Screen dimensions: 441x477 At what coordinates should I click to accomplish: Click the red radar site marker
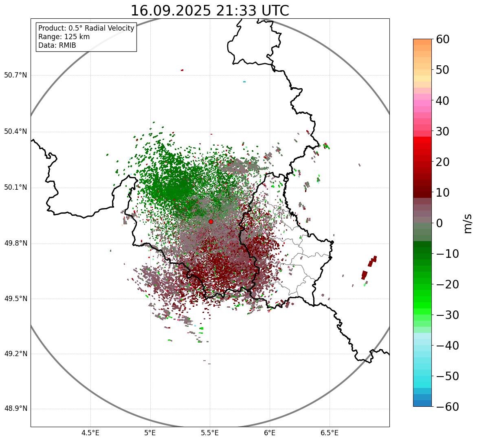pos(211,222)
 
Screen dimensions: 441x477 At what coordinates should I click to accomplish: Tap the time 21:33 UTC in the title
pos(251,11)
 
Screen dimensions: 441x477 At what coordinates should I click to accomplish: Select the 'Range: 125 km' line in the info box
pos(64,37)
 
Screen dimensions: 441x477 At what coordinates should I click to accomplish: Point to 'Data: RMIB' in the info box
pos(57,45)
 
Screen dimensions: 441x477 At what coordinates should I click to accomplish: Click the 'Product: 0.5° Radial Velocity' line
pos(86,28)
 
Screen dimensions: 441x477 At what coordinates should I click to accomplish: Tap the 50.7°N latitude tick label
pos(15,75)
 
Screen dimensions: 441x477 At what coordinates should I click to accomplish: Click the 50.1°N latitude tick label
pos(15,188)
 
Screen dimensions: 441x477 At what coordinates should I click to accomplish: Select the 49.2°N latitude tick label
pos(15,354)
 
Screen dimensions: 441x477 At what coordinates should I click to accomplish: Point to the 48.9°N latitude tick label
pos(15,409)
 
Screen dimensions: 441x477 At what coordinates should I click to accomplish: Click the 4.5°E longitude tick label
pos(90,433)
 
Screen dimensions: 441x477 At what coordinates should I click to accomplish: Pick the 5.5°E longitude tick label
pos(210,433)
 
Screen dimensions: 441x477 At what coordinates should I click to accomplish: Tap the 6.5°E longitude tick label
pos(329,433)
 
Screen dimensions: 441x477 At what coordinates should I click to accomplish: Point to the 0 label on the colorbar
pos(440,223)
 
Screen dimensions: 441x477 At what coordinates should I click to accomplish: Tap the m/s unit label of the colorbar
pos(468,223)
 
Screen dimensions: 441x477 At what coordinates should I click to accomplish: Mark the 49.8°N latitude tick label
pos(15,244)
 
